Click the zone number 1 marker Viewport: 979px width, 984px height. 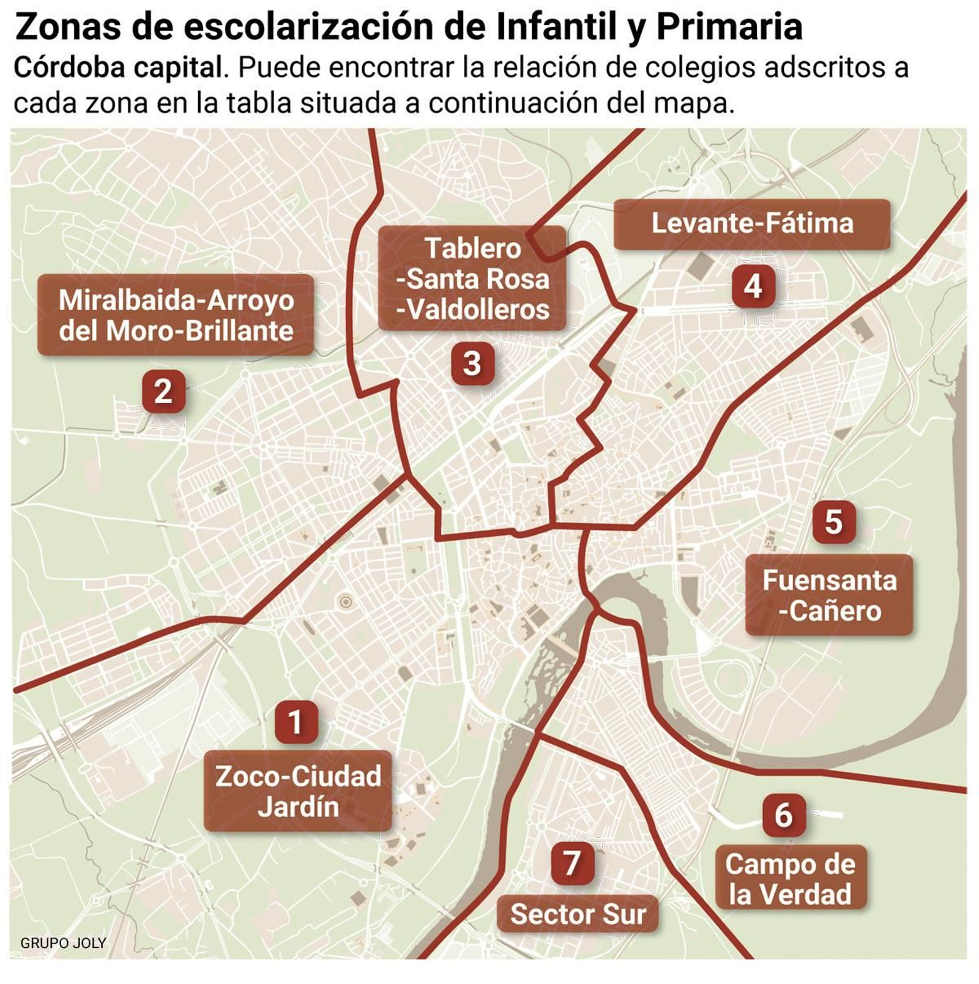click(296, 722)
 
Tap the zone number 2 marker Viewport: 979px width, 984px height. click(163, 391)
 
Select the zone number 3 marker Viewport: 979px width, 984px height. click(472, 363)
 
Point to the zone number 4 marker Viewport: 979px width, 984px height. click(753, 286)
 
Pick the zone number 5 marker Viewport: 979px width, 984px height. click(833, 522)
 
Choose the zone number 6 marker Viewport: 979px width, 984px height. click(784, 815)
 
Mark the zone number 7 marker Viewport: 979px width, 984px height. click(572, 863)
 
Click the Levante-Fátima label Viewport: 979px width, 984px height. click(752, 224)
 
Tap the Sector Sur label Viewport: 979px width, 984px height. click(578, 914)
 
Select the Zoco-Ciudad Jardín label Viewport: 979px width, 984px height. click(298, 791)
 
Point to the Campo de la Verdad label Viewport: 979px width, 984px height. click(791, 879)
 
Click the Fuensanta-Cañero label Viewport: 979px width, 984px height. click(829, 595)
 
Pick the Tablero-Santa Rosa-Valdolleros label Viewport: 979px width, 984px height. click(472, 279)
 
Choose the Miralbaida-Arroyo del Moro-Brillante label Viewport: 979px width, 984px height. click(176, 315)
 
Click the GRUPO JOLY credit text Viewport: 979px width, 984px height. click(63, 943)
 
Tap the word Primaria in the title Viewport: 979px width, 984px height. click(729, 27)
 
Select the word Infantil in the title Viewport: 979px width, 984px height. click(557, 27)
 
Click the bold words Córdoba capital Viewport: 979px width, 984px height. click(117, 69)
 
